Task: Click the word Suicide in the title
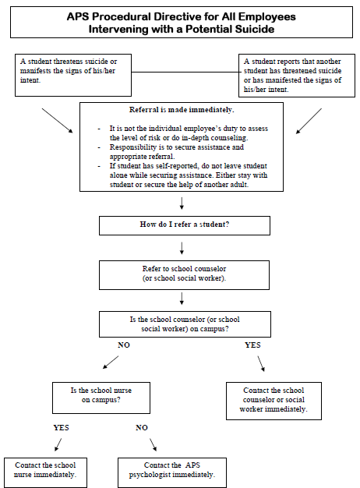tap(255, 29)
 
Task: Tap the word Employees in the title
tap(267, 16)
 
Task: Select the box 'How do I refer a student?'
tap(185, 225)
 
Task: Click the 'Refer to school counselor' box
tap(184, 275)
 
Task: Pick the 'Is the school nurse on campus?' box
tap(101, 398)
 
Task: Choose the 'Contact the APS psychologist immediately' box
tap(172, 472)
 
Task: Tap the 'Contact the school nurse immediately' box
tap(45, 472)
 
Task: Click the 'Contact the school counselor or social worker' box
tap(274, 401)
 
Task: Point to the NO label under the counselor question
tap(124, 345)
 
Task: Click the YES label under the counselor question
tap(252, 345)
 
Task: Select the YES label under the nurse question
tap(61, 428)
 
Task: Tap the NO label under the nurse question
tap(142, 428)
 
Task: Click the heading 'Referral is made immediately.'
tap(182, 110)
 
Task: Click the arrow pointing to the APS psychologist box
tap(153, 445)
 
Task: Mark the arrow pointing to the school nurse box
tap(58, 445)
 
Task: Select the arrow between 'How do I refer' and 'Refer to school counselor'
tap(182, 248)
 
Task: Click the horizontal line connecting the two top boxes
tap(185, 72)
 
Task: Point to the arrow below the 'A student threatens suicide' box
tap(57, 121)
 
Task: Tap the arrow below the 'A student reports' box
tap(309, 121)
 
